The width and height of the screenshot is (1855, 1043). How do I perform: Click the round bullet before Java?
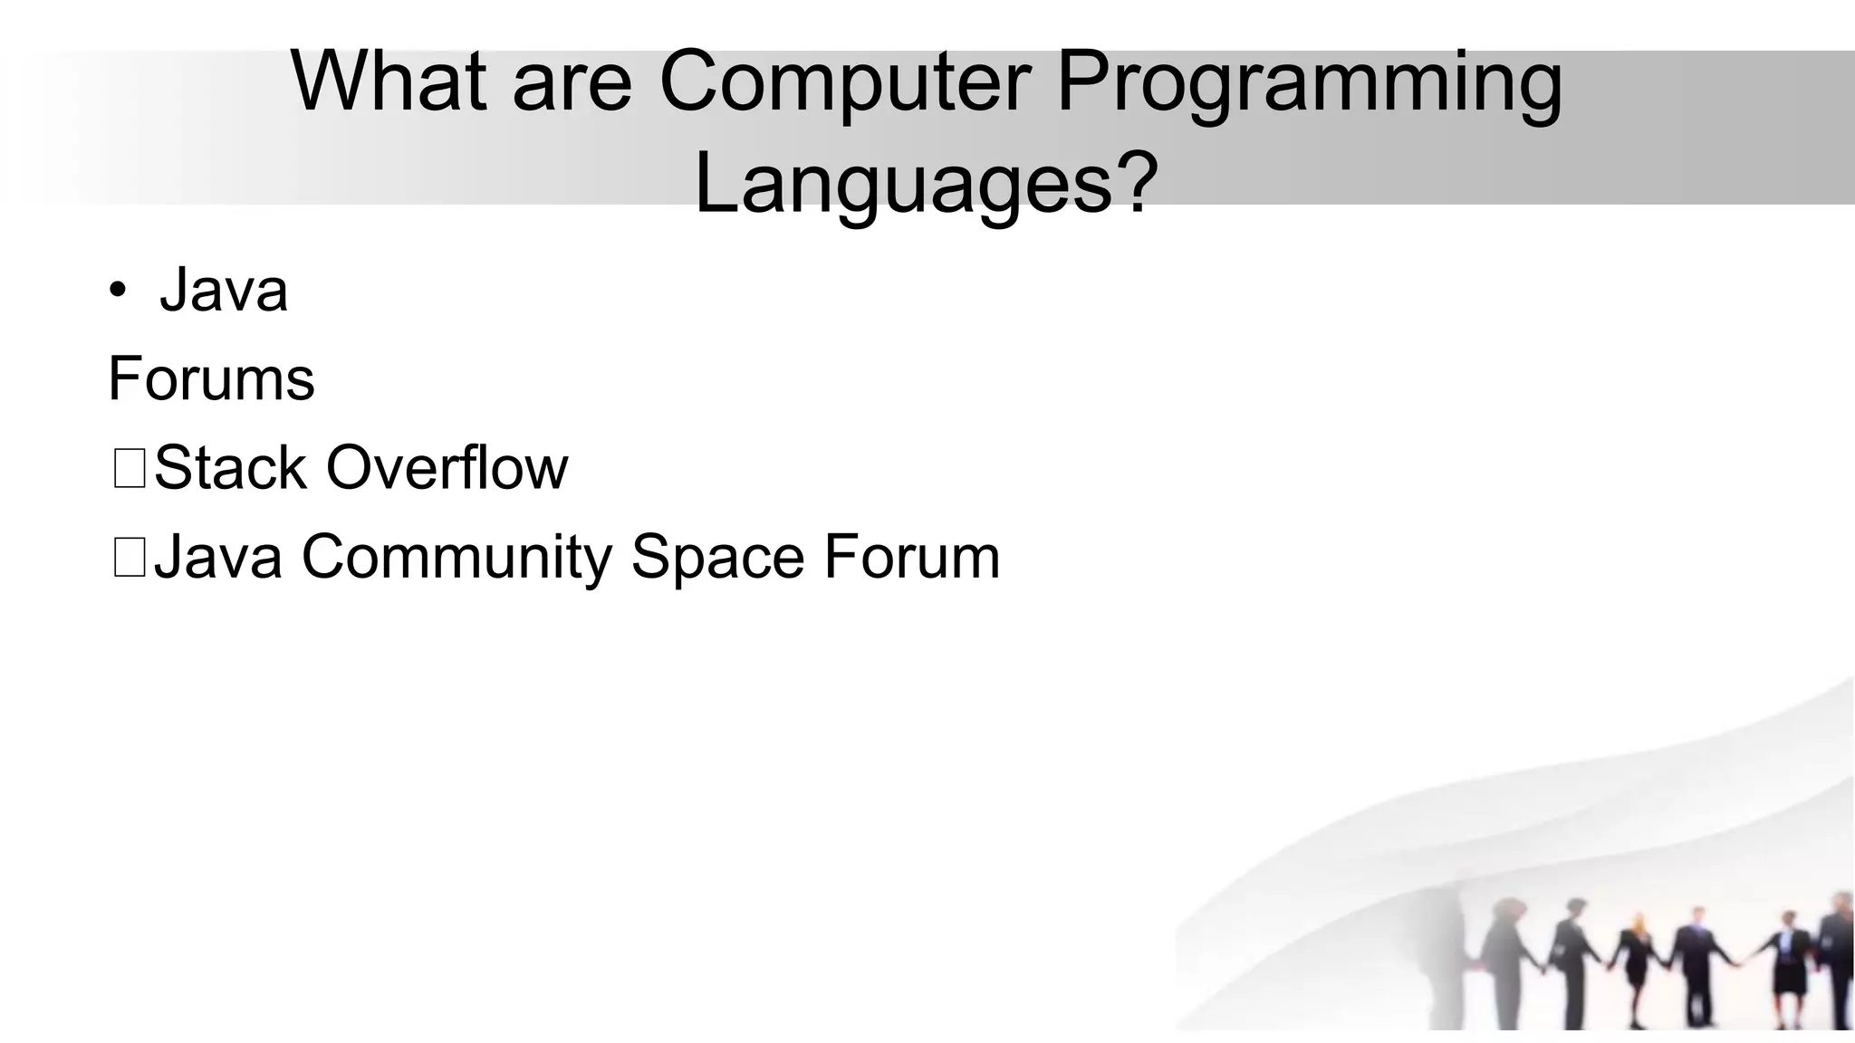tap(117, 292)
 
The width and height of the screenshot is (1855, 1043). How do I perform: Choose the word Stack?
tap(230, 468)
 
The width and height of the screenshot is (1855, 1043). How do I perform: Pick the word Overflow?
tap(447, 468)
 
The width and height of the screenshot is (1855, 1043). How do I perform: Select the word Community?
tap(457, 557)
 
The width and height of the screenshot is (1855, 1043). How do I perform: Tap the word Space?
tap(717, 557)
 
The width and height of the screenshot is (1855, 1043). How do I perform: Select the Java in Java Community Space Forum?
tap(218, 557)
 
